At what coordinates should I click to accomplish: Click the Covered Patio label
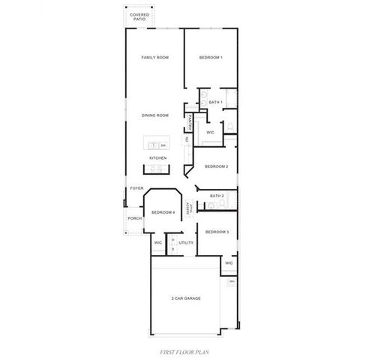[139, 16]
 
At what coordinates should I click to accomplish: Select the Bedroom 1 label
[211, 58]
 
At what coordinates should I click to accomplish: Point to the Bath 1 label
[215, 102]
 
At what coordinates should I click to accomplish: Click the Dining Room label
[154, 115]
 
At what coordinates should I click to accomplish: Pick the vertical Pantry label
[192, 122]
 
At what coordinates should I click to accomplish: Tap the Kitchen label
[157, 158]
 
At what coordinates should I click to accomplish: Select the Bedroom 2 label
[216, 166]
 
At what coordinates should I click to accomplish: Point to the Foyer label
[136, 188]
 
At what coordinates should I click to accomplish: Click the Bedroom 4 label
[163, 212]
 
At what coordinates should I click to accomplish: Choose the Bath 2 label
[216, 195]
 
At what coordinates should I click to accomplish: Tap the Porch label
[135, 218]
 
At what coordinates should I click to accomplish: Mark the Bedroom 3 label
[217, 232]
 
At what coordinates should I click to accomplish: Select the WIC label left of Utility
[158, 243]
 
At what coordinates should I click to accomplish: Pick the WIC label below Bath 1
[211, 132]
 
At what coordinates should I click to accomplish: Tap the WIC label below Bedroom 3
[229, 263]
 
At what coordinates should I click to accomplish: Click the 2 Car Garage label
[185, 298]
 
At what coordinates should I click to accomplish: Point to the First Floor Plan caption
[183, 351]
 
